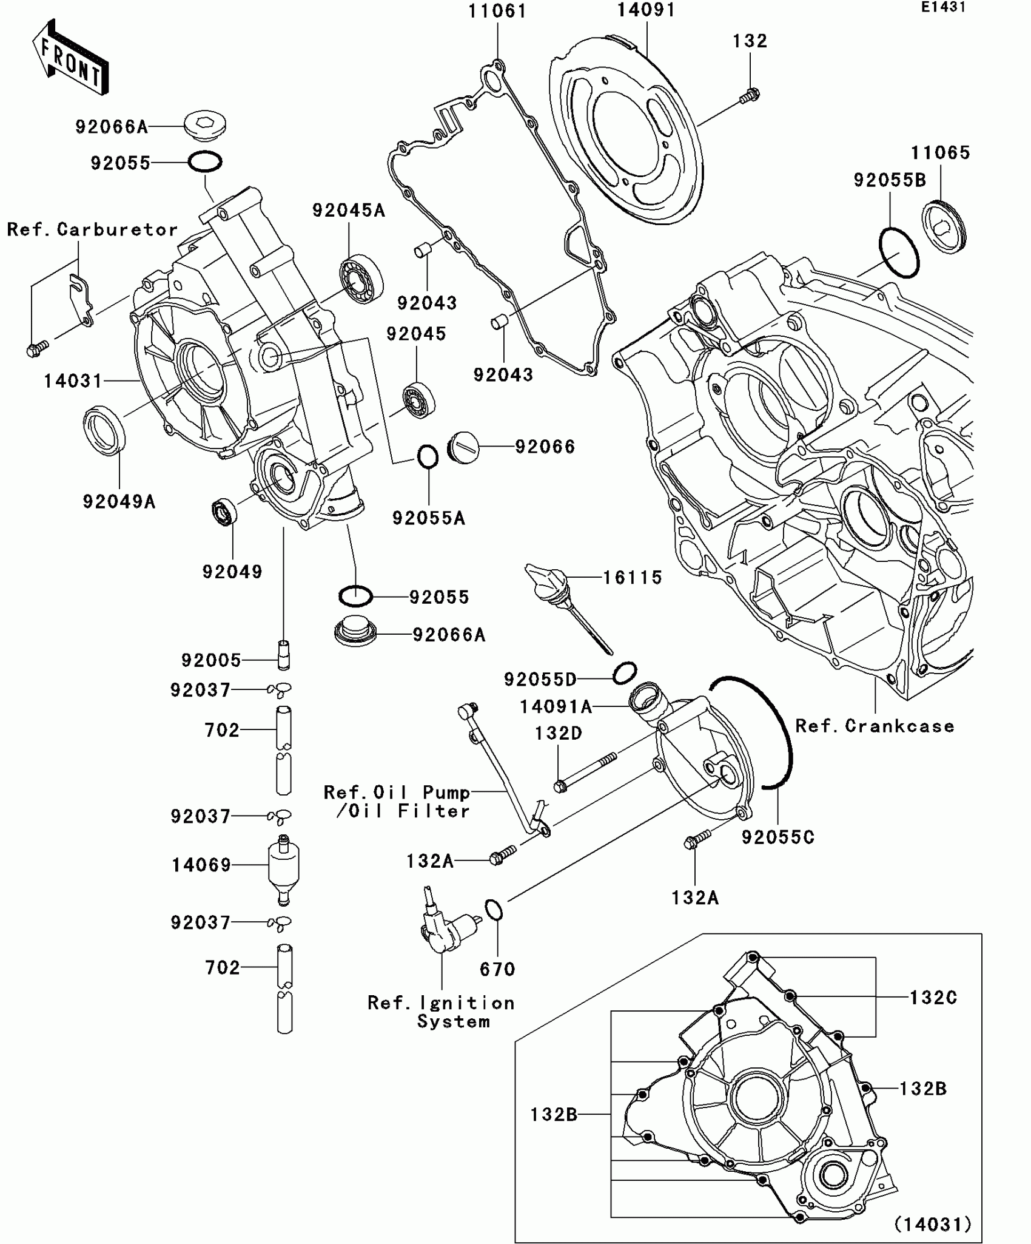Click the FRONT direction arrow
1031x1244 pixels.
[70, 58]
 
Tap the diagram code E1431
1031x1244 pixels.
[943, 7]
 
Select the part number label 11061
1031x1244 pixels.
[497, 12]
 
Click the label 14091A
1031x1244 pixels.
[556, 707]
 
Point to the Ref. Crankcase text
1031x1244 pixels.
[875, 726]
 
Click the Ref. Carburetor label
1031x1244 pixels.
[93, 229]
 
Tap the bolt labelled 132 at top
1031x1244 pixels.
[751, 95]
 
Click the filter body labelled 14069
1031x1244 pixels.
[283, 865]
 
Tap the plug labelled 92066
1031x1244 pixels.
[463, 447]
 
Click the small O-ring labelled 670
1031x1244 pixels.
[494, 910]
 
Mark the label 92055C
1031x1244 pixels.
[778, 837]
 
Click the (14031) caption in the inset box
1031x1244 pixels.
[933, 1225]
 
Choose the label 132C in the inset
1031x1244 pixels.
[933, 997]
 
